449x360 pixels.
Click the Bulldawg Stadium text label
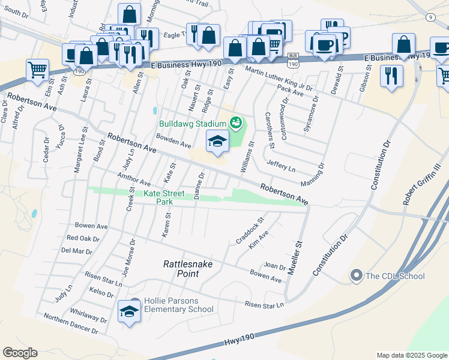coord(193,124)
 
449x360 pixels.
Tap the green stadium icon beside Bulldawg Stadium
coord(236,124)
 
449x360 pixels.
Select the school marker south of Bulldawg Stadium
coord(217,142)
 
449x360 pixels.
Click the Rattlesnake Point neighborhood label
coord(188,269)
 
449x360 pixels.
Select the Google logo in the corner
coord(20,352)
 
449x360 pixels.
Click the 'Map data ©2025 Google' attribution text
coord(412,355)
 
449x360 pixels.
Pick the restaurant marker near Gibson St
coord(391,76)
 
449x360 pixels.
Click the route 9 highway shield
coord(431,17)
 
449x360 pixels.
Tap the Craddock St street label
coord(250,231)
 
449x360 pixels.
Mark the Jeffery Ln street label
coord(281,166)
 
